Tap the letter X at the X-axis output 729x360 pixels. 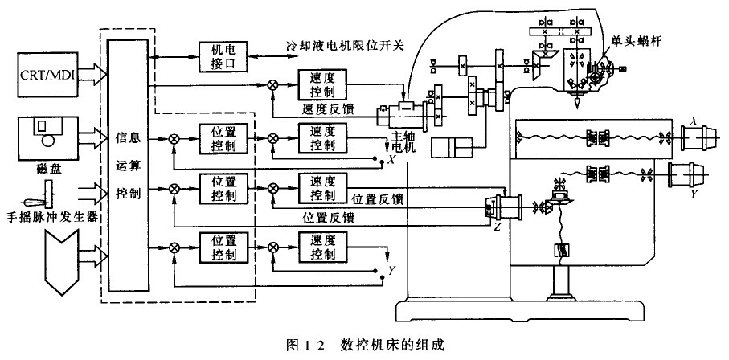(391, 161)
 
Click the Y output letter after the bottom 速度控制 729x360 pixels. (391, 271)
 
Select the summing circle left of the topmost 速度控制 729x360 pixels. (274, 84)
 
